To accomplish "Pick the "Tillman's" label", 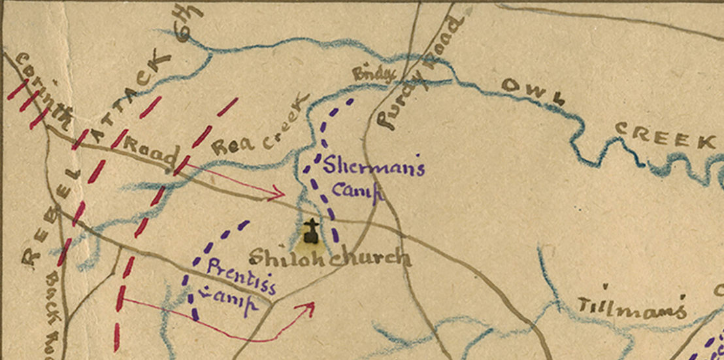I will (631, 307).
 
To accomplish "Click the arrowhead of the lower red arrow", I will (308, 307).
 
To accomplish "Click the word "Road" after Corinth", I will (150, 152).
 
